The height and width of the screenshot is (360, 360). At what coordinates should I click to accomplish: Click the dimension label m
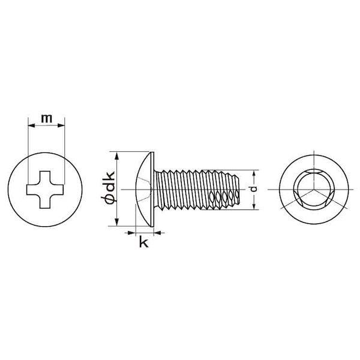46,118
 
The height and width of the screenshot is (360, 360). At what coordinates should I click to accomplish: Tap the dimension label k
144,242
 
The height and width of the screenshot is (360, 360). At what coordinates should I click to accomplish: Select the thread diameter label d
253,189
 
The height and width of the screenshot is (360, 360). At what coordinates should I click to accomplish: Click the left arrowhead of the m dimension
31,125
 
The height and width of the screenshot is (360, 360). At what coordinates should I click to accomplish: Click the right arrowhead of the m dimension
61,125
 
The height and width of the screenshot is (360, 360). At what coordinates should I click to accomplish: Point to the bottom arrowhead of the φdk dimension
116,222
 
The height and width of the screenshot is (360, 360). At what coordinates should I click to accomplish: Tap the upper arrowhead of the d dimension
254,173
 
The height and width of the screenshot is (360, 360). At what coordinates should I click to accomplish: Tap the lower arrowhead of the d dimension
254,206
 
